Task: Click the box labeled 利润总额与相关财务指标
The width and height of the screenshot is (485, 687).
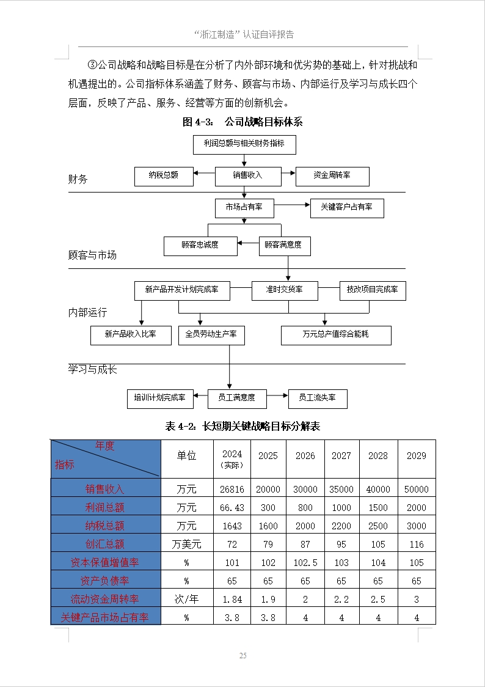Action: [x=244, y=144]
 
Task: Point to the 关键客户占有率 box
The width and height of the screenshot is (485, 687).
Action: [x=347, y=208]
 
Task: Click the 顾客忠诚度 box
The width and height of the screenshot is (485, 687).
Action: [x=200, y=246]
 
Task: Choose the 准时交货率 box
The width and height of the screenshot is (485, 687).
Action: [x=285, y=290]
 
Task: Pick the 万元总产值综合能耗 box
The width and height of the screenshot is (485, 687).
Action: [x=336, y=334]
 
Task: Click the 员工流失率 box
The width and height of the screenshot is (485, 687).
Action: [x=318, y=398]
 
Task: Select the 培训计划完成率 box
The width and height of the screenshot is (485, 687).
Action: [x=160, y=398]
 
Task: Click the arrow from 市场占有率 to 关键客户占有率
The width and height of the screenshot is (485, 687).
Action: [x=292, y=207]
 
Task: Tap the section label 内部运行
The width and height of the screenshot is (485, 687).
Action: [x=88, y=312]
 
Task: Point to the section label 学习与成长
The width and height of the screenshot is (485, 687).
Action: [x=93, y=370]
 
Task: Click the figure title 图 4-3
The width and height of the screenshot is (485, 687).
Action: [x=242, y=122]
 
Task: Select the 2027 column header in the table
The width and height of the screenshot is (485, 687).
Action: [x=341, y=456]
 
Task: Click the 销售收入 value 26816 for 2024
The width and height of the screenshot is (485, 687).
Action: [x=232, y=489]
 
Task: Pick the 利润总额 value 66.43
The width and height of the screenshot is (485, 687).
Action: [x=232, y=507]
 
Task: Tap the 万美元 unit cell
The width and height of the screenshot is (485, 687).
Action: [x=187, y=544]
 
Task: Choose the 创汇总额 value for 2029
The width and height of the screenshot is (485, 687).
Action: [x=417, y=544]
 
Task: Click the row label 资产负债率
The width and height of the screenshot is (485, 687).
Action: [x=105, y=581]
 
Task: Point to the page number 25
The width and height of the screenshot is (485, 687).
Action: [x=242, y=656]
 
